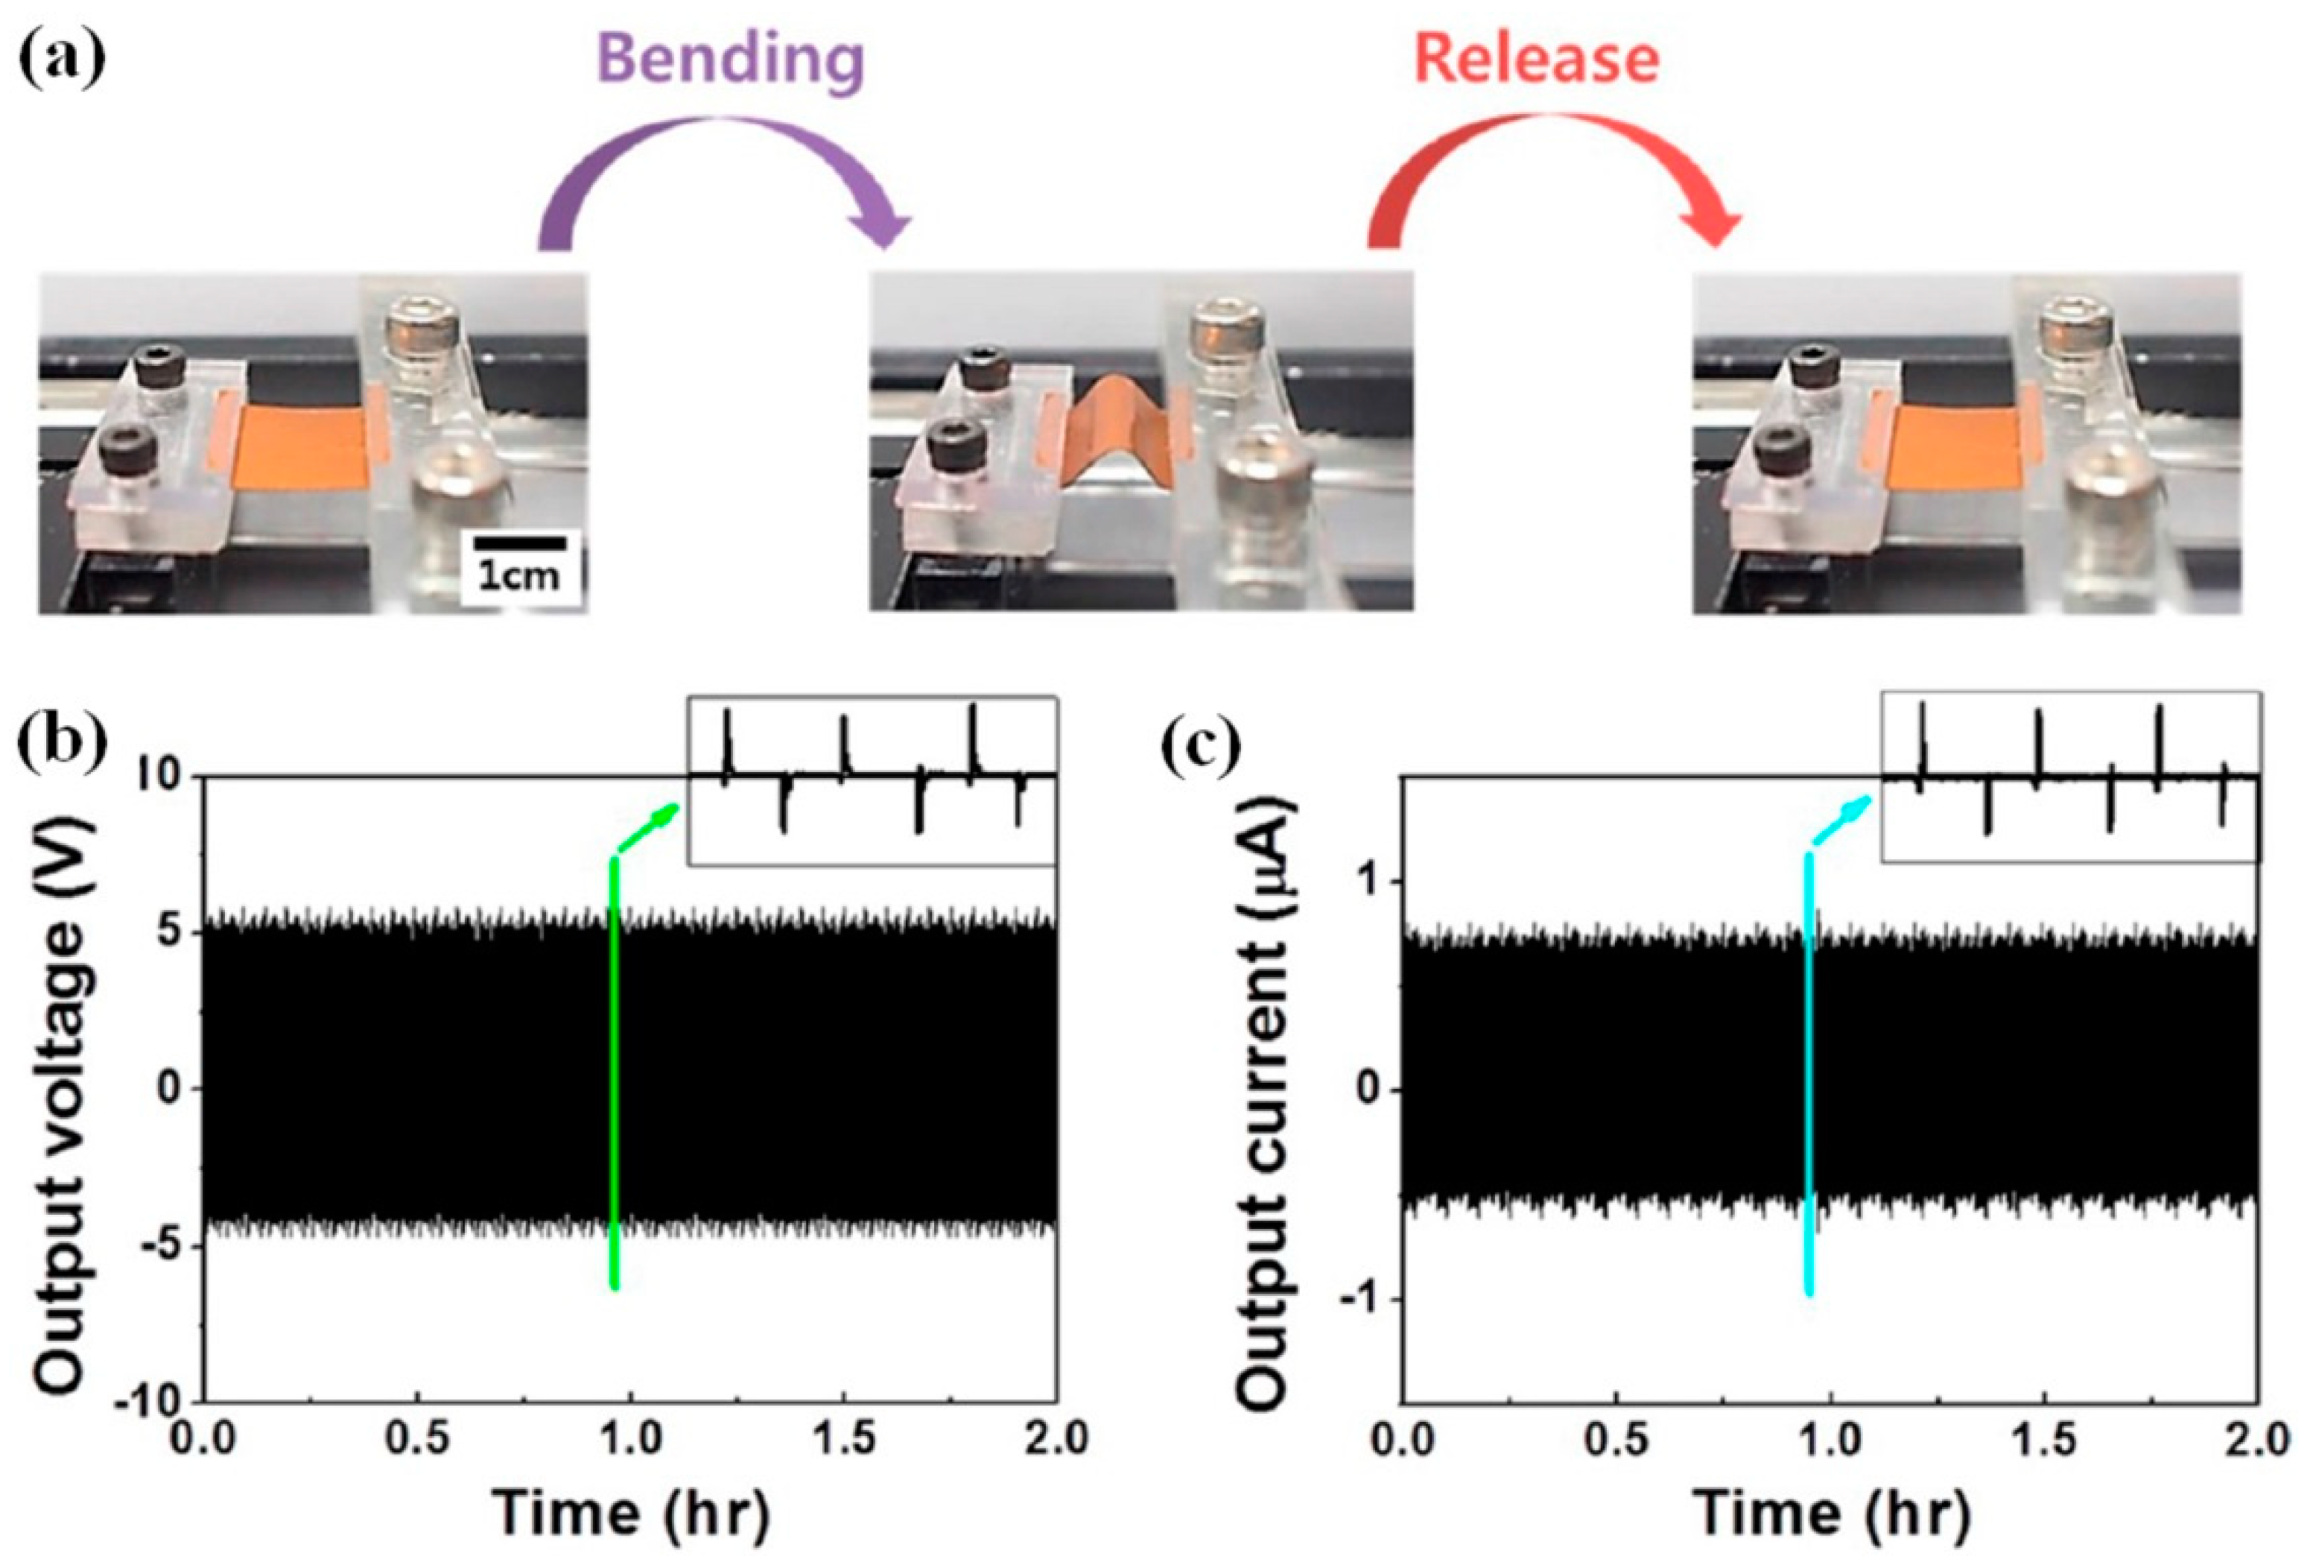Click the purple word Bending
click(x=732, y=60)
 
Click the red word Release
click(x=1537, y=60)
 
